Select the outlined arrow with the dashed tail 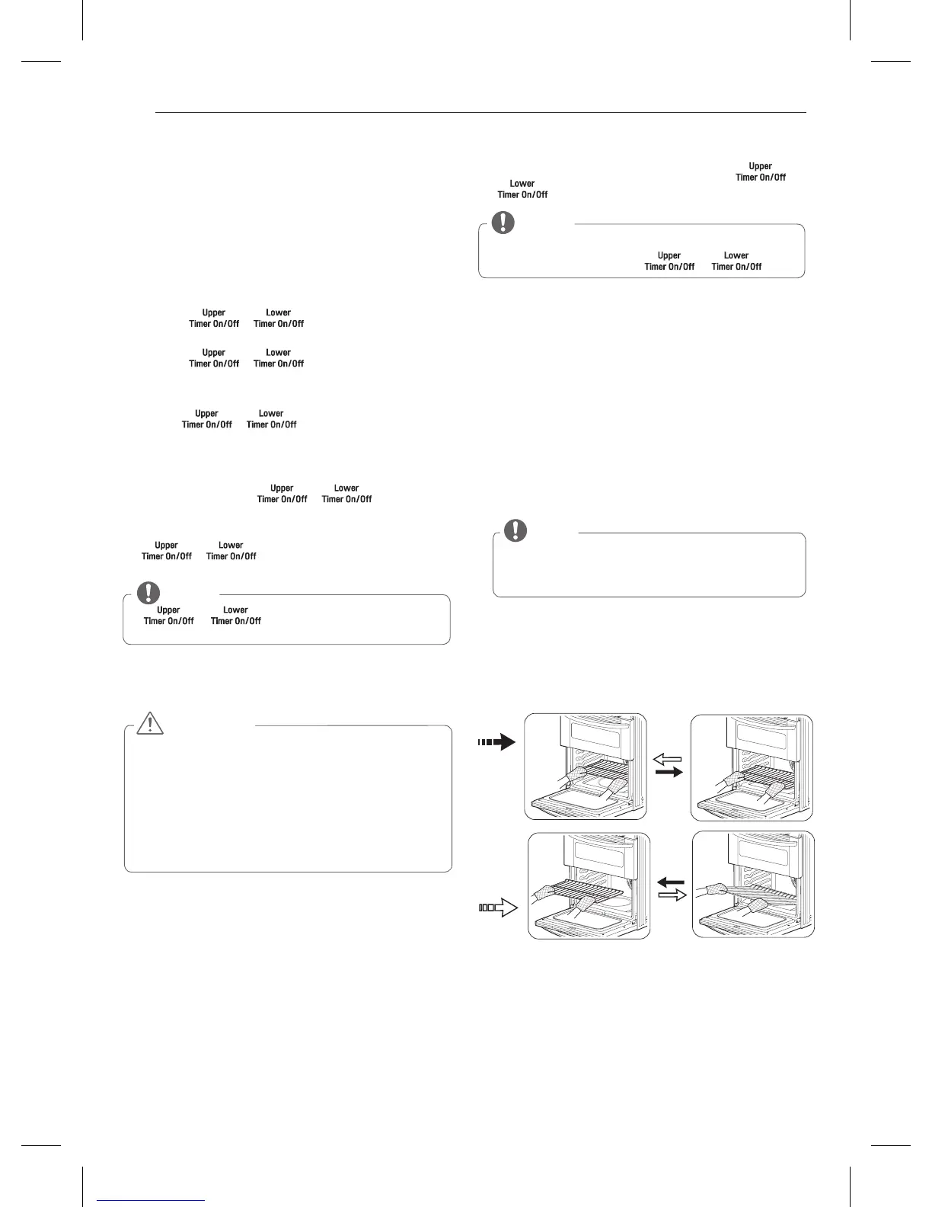[x=498, y=908]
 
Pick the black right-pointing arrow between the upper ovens [x=669, y=772]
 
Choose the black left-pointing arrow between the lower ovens [x=671, y=882]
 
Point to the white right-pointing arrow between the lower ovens [x=671, y=895]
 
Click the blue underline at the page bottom [x=151, y=1200]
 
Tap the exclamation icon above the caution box [x=148, y=592]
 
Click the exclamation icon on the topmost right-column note [x=503, y=222]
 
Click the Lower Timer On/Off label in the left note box [x=235, y=616]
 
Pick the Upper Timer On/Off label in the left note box [x=168, y=616]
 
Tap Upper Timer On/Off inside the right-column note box [x=669, y=261]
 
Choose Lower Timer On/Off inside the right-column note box [x=736, y=261]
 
